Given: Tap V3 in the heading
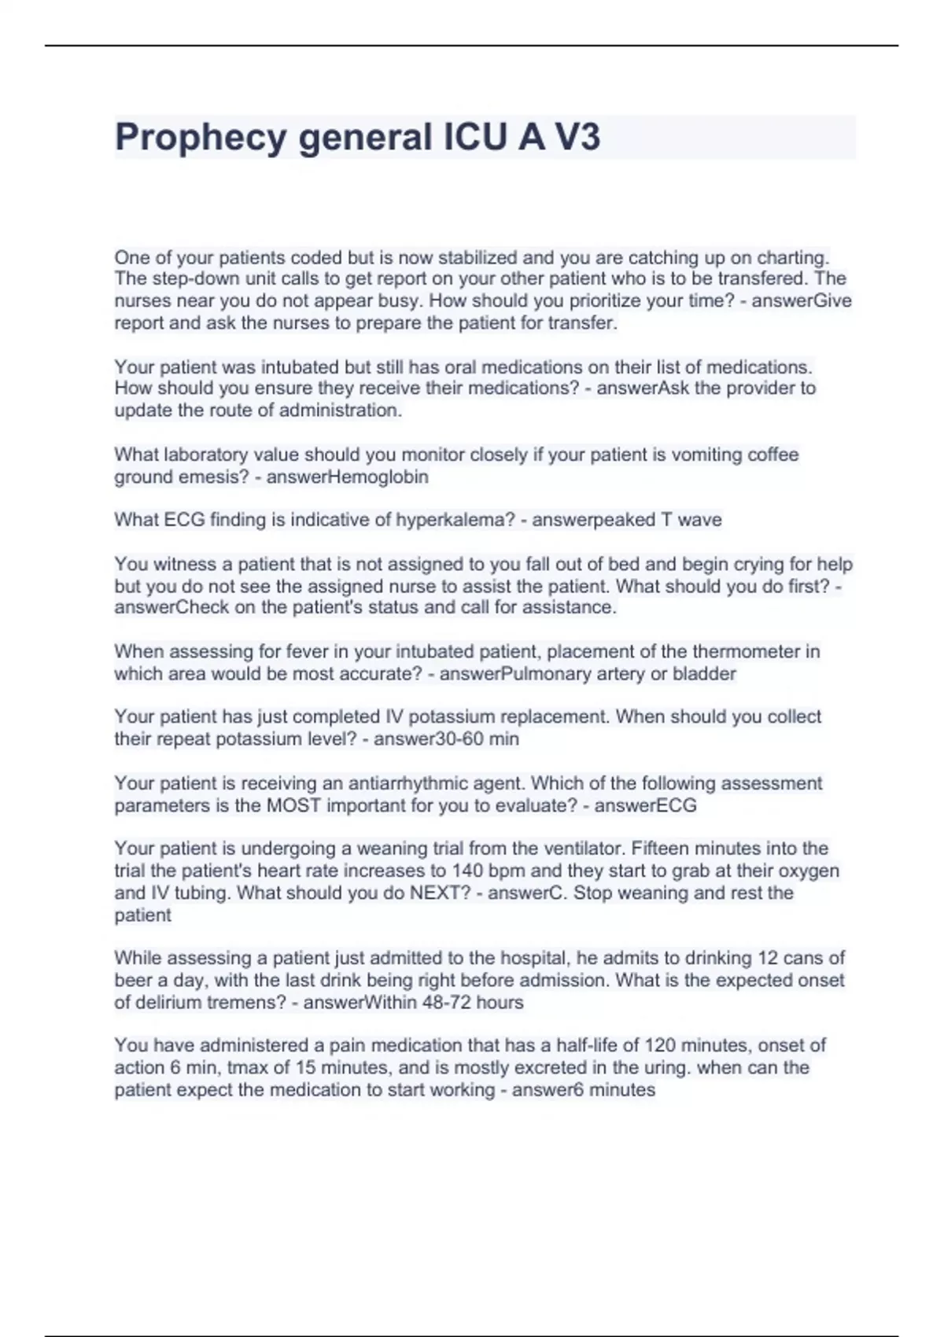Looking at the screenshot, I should (577, 138).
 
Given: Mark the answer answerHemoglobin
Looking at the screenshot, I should (348, 477).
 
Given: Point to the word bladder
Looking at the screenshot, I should (704, 673).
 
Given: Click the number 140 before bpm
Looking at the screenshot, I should (467, 871).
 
